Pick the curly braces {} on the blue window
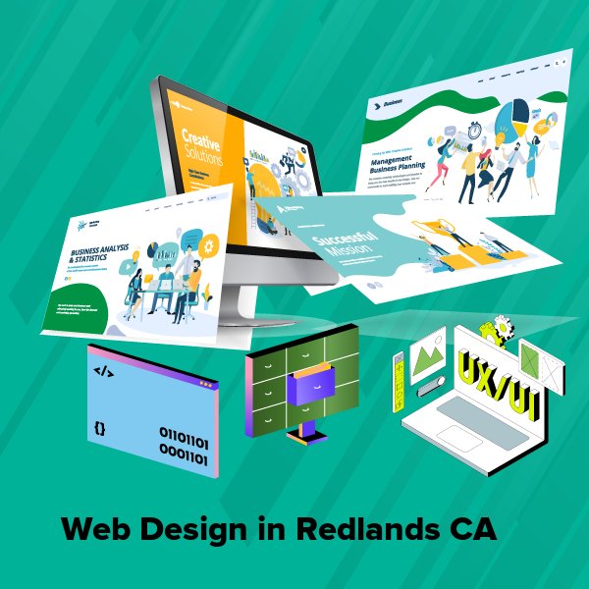(x=100, y=429)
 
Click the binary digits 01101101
(x=183, y=433)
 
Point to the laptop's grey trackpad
(x=468, y=413)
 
